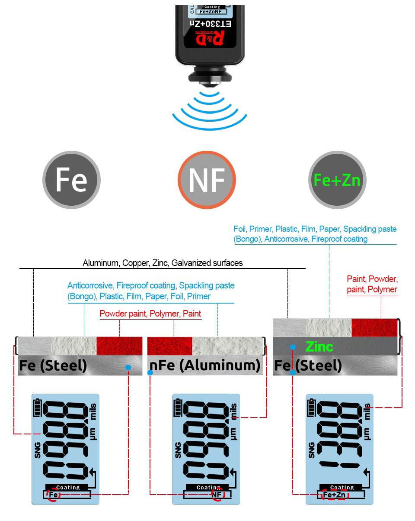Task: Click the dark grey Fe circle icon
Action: coord(71,180)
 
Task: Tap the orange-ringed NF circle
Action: coord(207,180)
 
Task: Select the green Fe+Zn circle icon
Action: coord(337,180)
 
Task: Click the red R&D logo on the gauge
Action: coord(210,38)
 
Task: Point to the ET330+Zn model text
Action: coord(210,24)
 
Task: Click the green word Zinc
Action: coord(319,346)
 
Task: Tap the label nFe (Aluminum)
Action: coord(205,365)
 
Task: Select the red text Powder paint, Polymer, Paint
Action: coord(150,314)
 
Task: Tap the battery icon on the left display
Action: coord(38,408)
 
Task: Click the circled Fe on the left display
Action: coord(53,495)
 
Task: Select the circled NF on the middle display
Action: coord(217,495)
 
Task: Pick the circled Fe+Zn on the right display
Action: coord(335,495)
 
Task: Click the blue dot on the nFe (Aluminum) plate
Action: coord(150,372)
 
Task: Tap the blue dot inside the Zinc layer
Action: coord(293,347)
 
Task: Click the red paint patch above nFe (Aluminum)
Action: coord(169,346)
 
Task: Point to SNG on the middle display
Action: coord(178,450)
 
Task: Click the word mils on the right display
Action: coord(367,411)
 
